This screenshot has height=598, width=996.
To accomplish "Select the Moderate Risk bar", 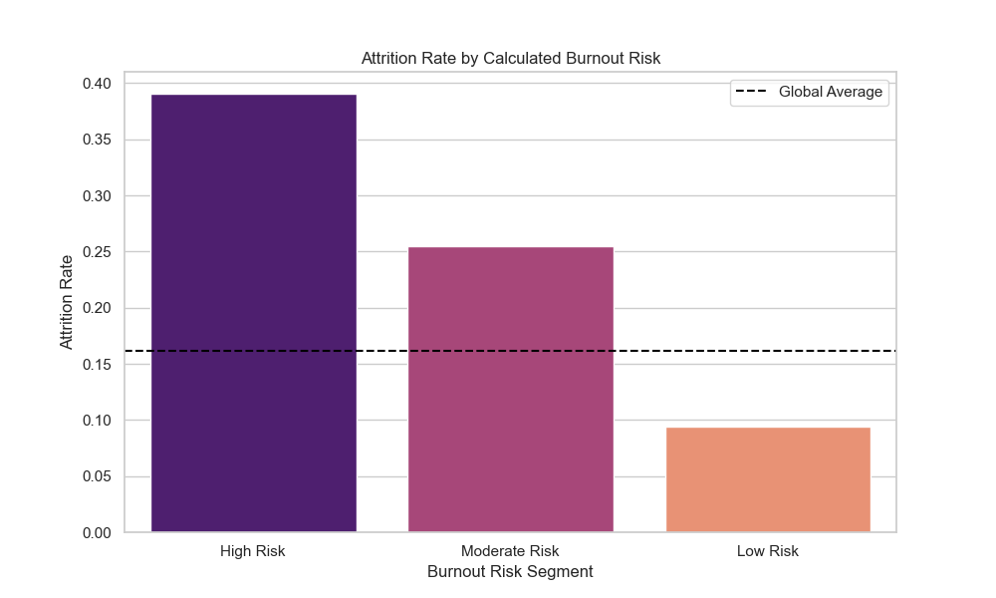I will (510, 390).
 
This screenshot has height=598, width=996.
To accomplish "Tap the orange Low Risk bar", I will (767, 479).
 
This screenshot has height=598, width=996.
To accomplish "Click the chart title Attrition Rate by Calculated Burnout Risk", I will (510, 59).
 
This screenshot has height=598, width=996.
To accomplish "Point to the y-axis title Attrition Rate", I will (67, 302).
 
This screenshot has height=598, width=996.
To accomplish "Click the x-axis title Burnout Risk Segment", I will (510, 572).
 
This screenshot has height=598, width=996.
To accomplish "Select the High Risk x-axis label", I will (253, 551).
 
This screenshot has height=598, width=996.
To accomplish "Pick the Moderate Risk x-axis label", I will (510, 551).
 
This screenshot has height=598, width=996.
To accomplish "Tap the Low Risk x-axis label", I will (767, 551).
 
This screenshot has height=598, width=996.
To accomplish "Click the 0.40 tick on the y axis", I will (98, 84).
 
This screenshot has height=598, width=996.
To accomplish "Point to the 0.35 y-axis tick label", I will (98, 140).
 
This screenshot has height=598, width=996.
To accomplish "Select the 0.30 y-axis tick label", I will (98, 196).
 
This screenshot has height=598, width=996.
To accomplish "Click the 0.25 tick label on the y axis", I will (98, 252).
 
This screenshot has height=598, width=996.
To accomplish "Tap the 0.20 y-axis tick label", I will (98, 308).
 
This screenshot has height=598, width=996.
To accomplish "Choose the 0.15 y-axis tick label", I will (98, 365).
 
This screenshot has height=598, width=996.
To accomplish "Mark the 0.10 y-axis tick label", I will (98, 421).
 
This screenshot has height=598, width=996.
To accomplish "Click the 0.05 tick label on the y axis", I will (98, 476).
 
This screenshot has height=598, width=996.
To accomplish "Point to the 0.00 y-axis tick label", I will (98, 533).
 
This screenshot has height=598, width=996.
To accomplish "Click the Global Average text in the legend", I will (830, 92).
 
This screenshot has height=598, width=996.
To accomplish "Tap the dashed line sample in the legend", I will (752, 92).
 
